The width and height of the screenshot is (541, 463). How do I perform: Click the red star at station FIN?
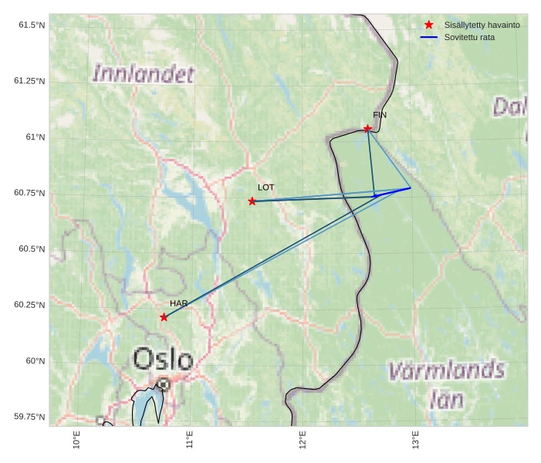[x=367, y=128]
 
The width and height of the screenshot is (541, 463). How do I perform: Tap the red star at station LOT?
[x=252, y=201]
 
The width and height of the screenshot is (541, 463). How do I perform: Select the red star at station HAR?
[x=164, y=317]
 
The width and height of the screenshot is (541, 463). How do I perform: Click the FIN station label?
[x=380, y=115]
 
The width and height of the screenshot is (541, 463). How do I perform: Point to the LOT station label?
[x=265, y=188]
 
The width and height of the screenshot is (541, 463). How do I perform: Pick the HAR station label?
[x=178, y=303]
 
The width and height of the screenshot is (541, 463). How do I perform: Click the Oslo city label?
[x=163, y=359]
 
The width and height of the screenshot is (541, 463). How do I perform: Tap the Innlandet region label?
[x=143, y=74]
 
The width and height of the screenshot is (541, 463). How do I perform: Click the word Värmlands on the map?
[x=446, y=371]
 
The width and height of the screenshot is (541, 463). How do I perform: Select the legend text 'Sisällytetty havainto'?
[x=482, y=25]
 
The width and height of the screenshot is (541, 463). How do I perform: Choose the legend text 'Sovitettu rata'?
[x=469, y=37]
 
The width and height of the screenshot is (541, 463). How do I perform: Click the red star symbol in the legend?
[x=429, y=25]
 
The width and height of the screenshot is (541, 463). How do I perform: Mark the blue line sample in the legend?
[x=429, y=37]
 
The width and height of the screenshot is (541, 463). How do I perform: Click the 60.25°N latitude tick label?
[x=29, y=305]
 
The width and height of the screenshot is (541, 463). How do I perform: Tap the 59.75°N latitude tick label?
[x=29, y=417]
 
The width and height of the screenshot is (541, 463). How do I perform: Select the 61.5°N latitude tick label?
[x=32, y=25]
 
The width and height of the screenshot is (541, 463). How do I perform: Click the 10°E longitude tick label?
[x=76, y=440]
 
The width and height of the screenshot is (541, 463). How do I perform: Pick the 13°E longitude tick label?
[x=415, y=440]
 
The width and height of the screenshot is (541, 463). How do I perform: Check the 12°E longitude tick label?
[x=303, y=440]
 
